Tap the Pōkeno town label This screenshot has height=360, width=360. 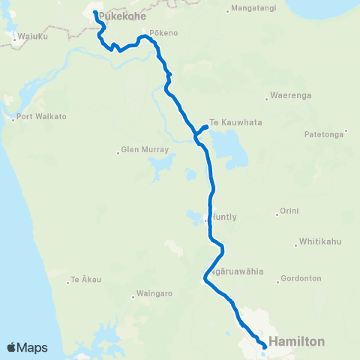(x=163, y=34)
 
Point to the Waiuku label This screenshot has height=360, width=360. (x=31, y=36)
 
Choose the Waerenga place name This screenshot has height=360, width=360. (x=291, y=96)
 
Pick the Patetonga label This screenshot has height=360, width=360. (x=325, y=134)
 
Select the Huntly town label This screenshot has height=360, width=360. (x=224, y=217)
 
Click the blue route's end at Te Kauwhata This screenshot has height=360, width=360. (x=205, y=125)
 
